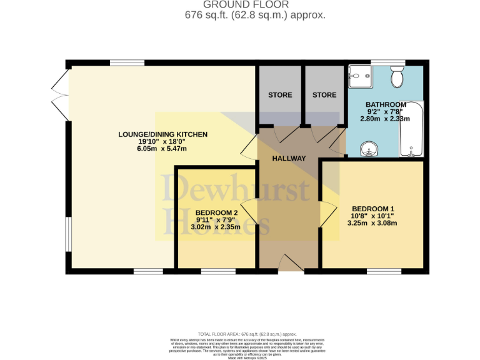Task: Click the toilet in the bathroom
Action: point(396,77)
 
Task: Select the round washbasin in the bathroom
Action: point(369,149)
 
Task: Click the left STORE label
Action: point(280,95)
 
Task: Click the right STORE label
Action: point(324,95)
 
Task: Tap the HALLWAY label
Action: point(289,158)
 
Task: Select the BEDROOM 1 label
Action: point(373,209)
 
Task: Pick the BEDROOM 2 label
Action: point(216,212)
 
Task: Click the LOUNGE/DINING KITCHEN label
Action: point(162,134)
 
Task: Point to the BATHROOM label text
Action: point(386,104)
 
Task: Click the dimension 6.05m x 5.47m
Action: point(162,149)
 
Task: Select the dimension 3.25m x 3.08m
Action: point(373,223)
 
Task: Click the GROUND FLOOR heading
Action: point(241,5)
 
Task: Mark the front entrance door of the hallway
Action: point(289,264)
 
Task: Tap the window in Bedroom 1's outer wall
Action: point(384,271)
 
